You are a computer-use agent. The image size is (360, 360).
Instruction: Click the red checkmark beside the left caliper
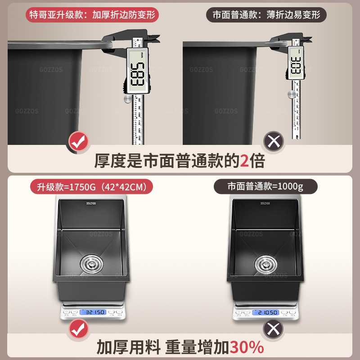[78, 142]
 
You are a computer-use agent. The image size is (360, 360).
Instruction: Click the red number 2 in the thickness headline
[244, 161]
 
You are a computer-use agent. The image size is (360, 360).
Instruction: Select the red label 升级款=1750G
[91, 186]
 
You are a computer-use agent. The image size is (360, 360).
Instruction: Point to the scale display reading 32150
[93, 312]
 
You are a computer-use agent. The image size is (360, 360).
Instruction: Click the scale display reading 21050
[266, 312]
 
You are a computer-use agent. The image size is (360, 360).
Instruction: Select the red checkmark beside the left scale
[78, 329]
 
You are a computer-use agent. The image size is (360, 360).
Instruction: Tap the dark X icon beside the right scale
[273, 329]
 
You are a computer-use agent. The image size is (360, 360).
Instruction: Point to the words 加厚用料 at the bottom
[129, 347]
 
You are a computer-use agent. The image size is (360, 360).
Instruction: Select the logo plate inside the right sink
[265, 204]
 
